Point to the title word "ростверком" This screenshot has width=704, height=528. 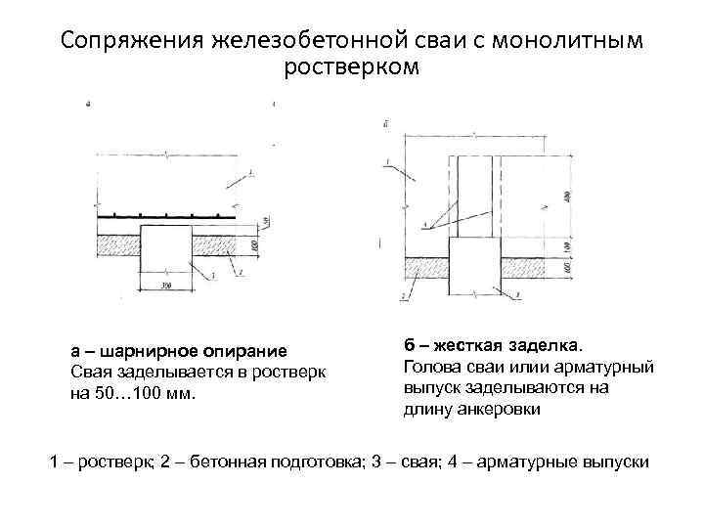(351, 69)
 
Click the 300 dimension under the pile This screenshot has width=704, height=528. (166, 286)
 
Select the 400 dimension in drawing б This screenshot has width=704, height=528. (567, 196)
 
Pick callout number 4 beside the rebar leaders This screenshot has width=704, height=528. (423, 226)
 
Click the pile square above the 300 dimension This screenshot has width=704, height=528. (166, 244)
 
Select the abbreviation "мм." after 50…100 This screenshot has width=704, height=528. (180, 393)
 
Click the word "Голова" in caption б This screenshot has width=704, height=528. (432, 367)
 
